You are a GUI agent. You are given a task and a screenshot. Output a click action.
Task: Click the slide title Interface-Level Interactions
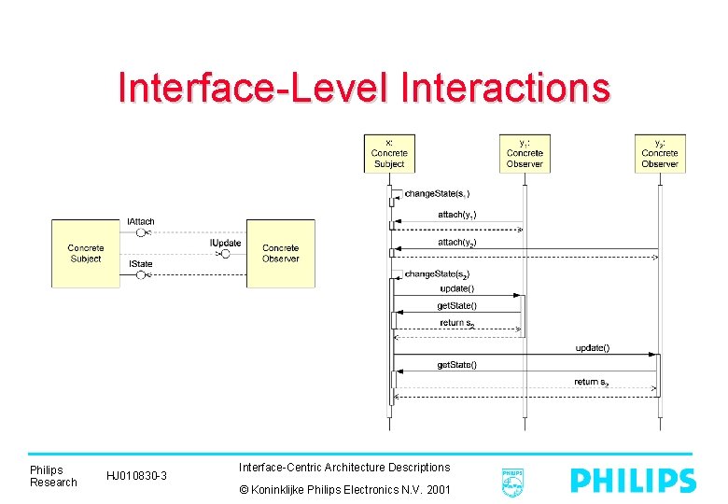click(x=364, y=88)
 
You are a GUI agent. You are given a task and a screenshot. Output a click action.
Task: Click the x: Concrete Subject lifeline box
click(x=388, y=153)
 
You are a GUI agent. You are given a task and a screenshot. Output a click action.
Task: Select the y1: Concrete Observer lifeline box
click(x=525, y=153)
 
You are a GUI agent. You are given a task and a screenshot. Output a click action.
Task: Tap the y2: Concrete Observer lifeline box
click(x=660, y=153)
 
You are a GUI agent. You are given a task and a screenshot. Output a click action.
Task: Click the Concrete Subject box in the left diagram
click(x=86, y=253)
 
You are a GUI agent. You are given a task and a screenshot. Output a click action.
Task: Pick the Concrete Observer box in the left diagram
click(x=280, y=253)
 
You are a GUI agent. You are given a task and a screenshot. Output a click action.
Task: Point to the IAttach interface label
click(x=141, y=221)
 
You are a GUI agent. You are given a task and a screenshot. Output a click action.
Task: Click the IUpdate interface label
click(x=225, y=243)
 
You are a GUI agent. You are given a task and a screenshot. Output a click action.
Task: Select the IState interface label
click(x=140, y=264)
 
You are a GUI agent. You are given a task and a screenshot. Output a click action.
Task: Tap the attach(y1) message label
click(x=457, y=215)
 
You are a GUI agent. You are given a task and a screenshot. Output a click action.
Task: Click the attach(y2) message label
click(x=457, y=242)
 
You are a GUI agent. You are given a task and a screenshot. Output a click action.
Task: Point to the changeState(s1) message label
click(x=437, y=193)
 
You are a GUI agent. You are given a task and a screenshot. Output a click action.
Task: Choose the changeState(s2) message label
click(x=437, y=273)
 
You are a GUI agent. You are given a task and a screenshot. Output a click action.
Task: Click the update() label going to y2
click(x=593, y=348)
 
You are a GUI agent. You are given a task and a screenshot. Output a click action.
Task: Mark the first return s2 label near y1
click(x=457, y=323)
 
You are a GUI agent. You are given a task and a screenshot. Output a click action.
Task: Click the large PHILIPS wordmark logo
click(x=633, y=481)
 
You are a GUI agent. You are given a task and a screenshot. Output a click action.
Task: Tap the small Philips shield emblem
click(x=511, y=481)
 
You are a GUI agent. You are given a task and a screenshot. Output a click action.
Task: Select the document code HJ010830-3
click(x=136, y=477)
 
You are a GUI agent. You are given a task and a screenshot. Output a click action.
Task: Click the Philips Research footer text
click(x=53, y=476)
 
